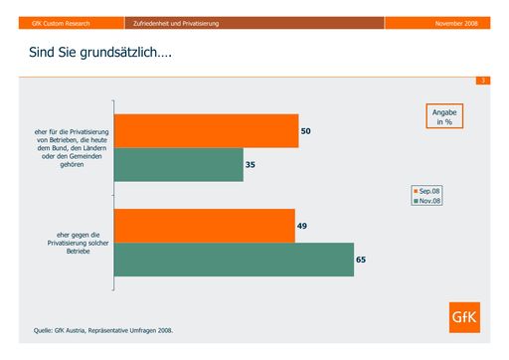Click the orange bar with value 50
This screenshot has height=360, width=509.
(206, 131)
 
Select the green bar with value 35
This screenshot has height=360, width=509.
(179, 164)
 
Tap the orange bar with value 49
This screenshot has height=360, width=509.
(204, 226)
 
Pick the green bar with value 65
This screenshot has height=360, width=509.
(234, 260)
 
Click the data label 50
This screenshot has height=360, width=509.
(306, 131)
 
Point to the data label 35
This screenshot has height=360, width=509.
(252, 164)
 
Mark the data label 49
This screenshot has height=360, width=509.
(302, 226)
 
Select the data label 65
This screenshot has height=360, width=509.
(362, 260)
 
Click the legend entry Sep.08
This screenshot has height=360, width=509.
(428, 189)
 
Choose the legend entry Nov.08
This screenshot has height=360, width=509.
(428, 200)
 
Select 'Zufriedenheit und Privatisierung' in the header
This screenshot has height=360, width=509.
(176, 22)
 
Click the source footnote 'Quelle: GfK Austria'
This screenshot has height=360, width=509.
(109, 330)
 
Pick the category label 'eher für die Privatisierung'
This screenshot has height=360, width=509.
(69, 148)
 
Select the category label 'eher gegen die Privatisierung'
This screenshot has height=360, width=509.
(69, 242)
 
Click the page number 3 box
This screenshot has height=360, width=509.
(482, 80)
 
